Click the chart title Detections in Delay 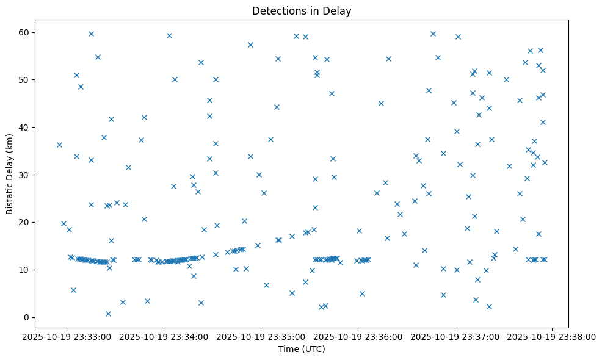pyautogui.click(x=302, y=11)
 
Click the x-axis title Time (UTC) pyautogui.click(x=302, y=349)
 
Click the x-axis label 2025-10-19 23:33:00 pyautogui.click(x=67, y=336)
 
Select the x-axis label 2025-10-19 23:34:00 pyautogui.click(x=164, y=336)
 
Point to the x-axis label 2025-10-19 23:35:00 pyautogui.click(x=261, y=336)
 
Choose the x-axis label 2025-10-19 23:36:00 pyautogui.click(x=358, y=336)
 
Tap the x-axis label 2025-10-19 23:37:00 pyautogui.click(x=455, y=336)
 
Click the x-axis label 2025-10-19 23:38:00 pyautogui.click(x=552, y=336)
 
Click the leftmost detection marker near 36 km pyautogui.click(x=59, y=145)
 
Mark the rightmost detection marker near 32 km pyautogui.click(x=545, y=162)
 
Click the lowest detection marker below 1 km pyautogui.click(x=108, y=314)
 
